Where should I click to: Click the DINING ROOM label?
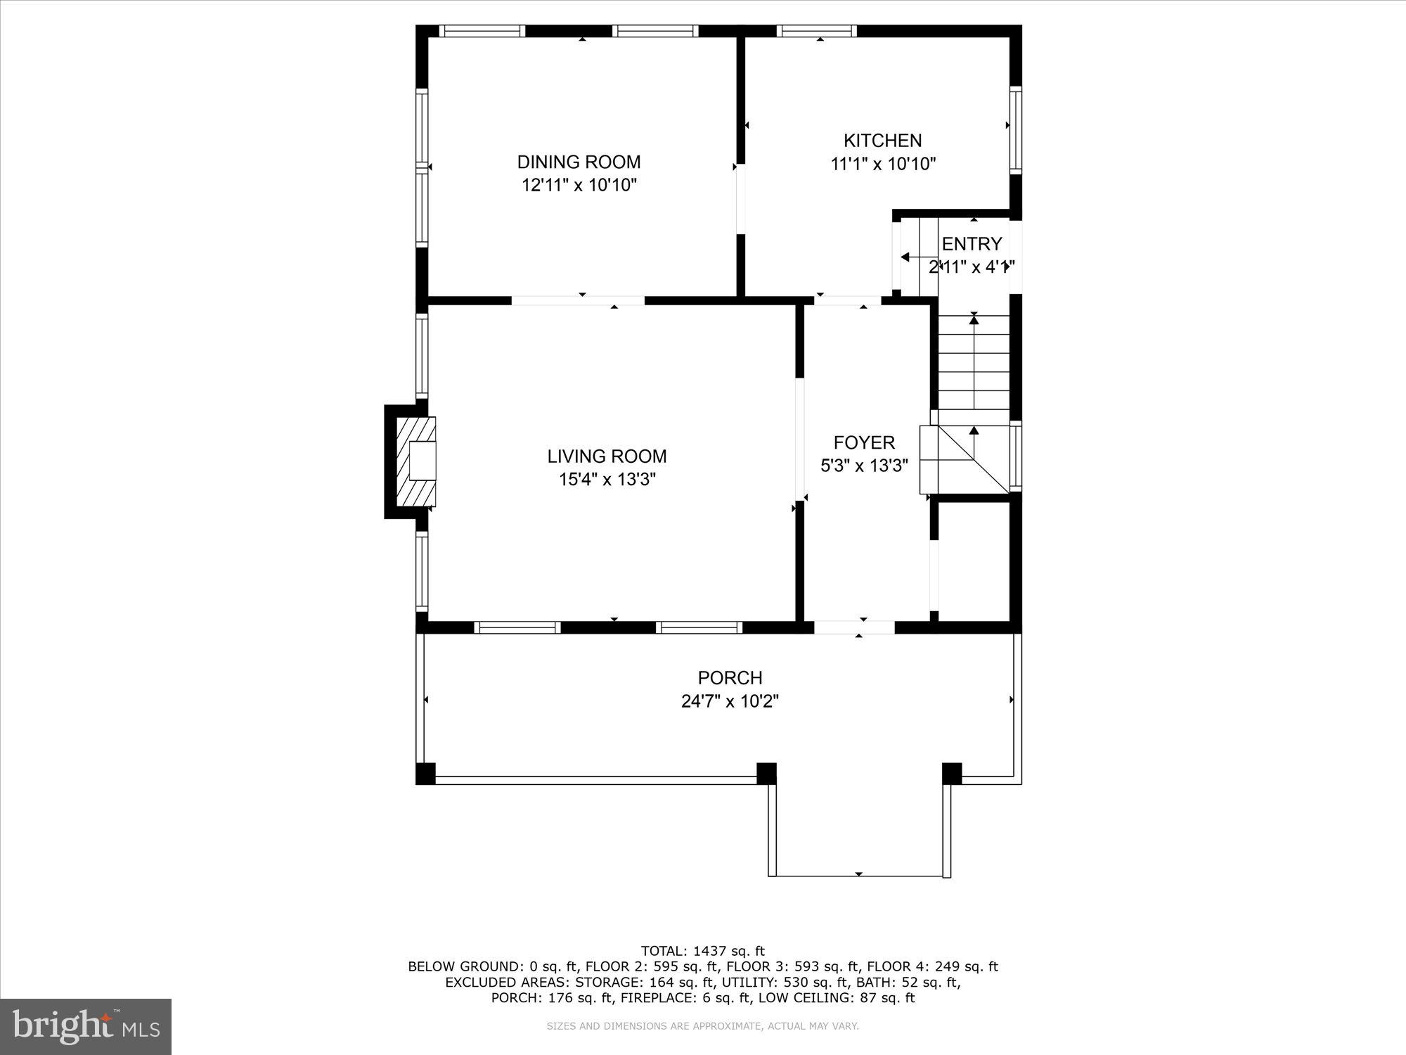tap(579, 162)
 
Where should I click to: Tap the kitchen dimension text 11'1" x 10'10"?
tap(883, 165)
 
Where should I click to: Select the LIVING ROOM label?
tap(607, 456)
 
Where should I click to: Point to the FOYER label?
tap(864, 442)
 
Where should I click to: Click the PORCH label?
tap(730, 677)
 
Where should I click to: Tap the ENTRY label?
tap(972, 244)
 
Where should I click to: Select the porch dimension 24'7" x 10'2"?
tap(730, 701)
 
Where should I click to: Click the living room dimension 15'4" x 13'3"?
tap(607, 480)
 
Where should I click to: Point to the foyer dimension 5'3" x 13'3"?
tap(864, 466)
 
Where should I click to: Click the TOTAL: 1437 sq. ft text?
tap(702, 951)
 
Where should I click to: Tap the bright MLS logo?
tap(86, 1026)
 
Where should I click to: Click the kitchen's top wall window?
tap(816, 30)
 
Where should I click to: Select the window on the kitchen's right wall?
tap(1015, 129)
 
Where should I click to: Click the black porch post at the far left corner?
tap(425, 773)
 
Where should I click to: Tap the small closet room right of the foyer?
tap(974, 561)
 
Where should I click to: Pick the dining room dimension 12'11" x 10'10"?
tap(579, 186)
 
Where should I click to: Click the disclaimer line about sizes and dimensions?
tap(702, 1026)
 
